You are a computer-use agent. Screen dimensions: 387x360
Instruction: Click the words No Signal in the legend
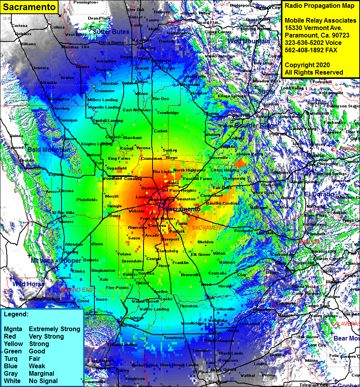click(43, 381)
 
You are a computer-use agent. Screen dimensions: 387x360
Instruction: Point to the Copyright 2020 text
click(307, 65)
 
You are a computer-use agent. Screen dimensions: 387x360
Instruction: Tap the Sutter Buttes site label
click(111, 32)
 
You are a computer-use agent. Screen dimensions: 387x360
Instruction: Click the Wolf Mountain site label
click(249, 41)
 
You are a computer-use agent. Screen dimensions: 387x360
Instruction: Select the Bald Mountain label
click(49, 150)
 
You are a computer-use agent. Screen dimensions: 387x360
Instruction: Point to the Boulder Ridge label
click(255, 125)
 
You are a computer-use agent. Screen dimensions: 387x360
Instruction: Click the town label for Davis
click(115, 216)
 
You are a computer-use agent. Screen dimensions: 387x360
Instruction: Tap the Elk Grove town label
click(200, 254)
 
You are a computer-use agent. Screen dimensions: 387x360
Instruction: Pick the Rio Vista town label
click(129, 325)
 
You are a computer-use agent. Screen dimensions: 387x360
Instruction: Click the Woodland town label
click(112, 178)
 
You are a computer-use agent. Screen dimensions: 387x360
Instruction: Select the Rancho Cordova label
click(222, 203)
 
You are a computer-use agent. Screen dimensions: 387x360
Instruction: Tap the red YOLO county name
click(75, 171)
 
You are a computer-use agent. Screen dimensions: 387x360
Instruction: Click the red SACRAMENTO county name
click(208, 227)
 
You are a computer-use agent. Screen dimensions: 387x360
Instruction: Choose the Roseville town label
click(218, 157)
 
